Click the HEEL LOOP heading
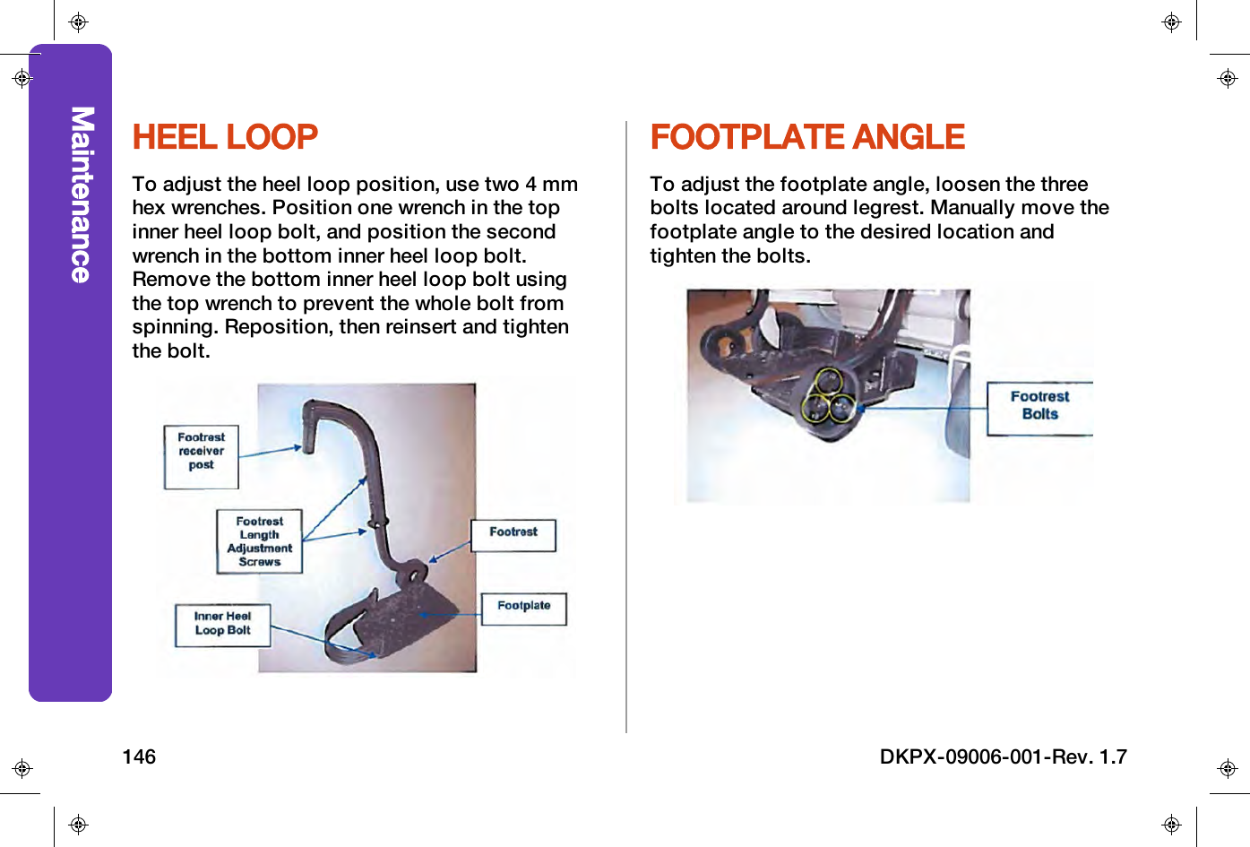click(x=225, y=137)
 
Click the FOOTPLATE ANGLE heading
click(x=806, y=137)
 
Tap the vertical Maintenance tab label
click(x=82, y=194)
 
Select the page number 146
click(x=139, y=756)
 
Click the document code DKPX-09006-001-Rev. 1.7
click(x=1003, y=756)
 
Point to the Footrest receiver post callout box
click(x=202, y=456)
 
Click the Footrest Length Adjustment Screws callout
click(x=259, y=541)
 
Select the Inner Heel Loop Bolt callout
click(x=222, y=624)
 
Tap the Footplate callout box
click(x=524, y=609)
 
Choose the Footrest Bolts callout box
click(x=1039, y=408)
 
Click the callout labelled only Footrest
click(x=513, y=534)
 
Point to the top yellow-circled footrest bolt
click(x=829, y=381)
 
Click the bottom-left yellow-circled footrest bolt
click(x=815, y=409)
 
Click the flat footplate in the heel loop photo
click(x=412, y=618)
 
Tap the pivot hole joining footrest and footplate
click(x=416, y=570)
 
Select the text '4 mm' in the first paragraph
click(x=551, y=184)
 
